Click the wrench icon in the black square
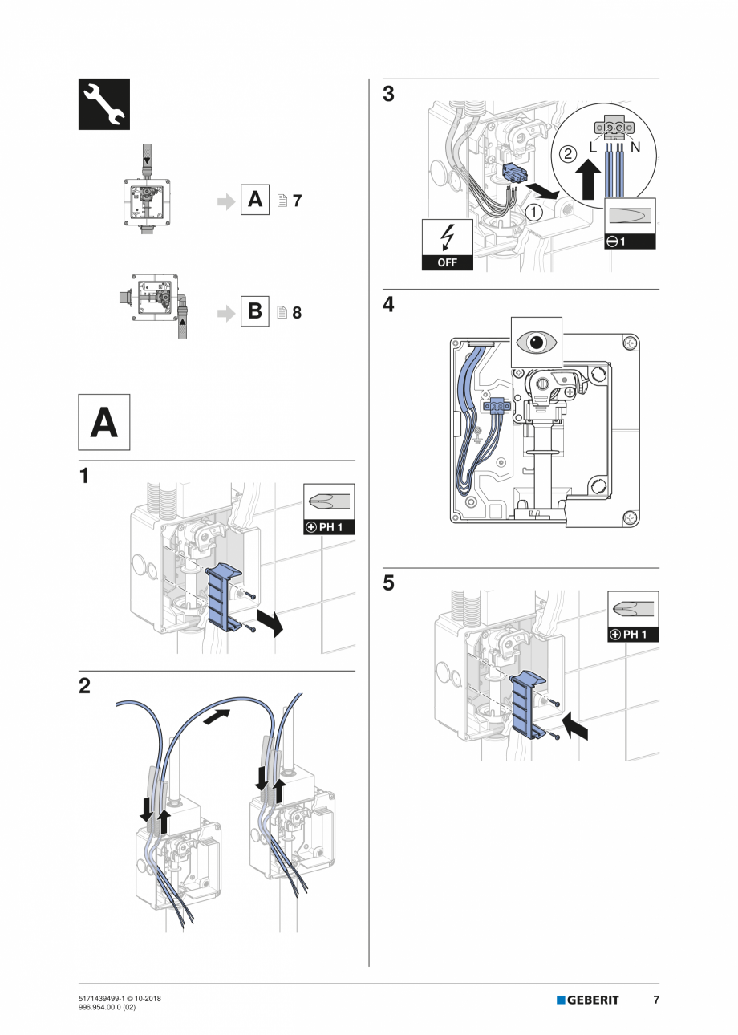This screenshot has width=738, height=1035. point(103,104)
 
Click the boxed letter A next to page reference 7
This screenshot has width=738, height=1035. point(255,200)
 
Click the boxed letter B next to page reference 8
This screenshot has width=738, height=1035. point(255,310)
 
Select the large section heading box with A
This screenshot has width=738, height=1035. point(103,422)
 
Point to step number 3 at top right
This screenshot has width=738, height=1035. point(389,95)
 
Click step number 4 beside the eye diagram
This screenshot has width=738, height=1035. point(389,305)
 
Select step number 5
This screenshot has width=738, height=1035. point(389,583)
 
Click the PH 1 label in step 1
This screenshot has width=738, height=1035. point(329,527)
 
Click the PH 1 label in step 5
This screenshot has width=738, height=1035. point(632,635)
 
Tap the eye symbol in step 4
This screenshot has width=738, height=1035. point(537,341)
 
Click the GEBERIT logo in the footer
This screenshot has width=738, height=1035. point(588,1000)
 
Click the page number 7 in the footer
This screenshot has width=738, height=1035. point(655,1000)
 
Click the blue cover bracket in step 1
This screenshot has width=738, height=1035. point(221,598)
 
